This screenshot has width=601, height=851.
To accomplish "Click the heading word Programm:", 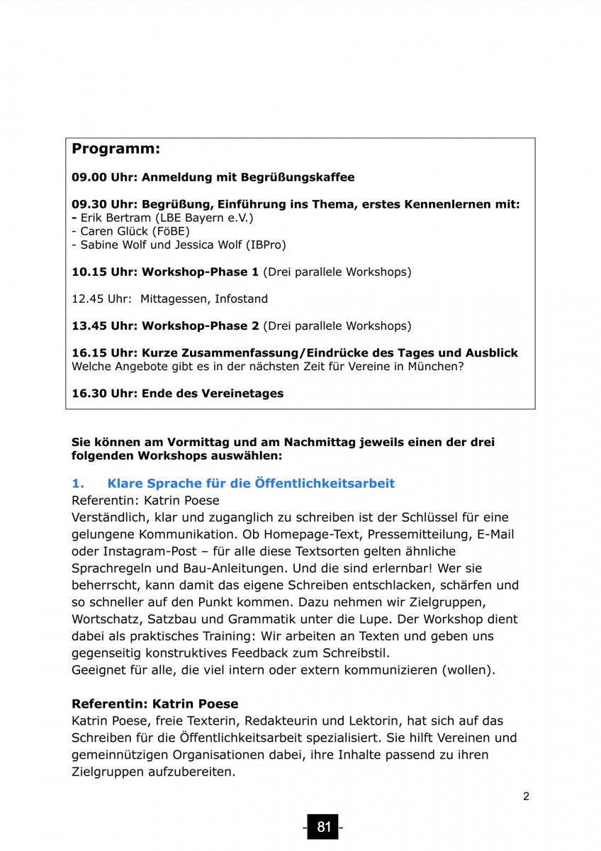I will [x=116, y=150].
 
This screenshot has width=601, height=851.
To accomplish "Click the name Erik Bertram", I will [x=111, y=218].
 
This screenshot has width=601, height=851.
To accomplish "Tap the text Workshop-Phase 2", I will [x=201, y=326].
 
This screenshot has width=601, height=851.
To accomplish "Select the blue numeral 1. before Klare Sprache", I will [x=78, y=484].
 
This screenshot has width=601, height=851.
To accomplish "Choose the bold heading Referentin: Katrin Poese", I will [x=155, y=704].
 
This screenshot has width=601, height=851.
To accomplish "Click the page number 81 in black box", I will [x=323, y=827].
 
